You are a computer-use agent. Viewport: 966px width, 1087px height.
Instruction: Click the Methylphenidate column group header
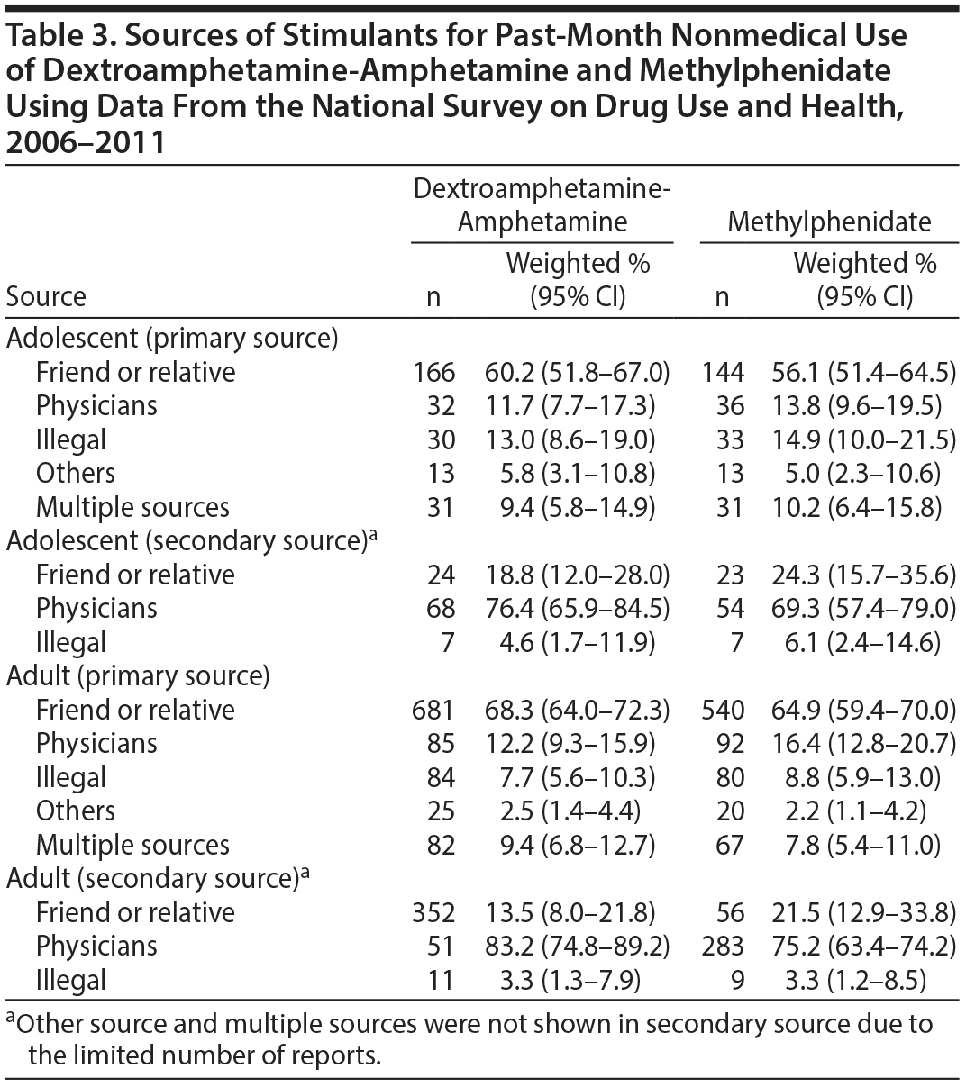click(829, 222)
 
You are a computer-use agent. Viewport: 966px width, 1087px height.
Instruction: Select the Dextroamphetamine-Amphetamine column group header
click(542, 205)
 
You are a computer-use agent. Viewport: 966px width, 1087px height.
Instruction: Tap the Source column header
click(46, 296)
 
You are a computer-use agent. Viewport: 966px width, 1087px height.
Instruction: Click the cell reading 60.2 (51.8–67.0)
click(577, 372)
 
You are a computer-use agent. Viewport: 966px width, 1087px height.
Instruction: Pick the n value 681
click(433, 710)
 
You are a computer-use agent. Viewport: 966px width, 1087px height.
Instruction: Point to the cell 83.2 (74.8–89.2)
click(577, 946)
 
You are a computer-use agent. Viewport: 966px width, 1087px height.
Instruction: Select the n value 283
click(723, 946)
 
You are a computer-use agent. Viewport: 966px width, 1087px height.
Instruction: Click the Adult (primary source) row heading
click(138, 675)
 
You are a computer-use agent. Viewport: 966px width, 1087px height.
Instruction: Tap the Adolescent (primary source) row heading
click(172, 338)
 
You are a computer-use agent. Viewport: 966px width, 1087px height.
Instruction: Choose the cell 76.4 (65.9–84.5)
click(577, 608)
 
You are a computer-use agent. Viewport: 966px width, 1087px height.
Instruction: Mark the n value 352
click(433, 912)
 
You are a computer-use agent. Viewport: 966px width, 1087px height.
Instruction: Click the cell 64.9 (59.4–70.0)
click(864, 710)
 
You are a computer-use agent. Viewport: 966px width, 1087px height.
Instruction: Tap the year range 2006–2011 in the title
click(86, 141)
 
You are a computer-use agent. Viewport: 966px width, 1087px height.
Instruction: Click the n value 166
click(433, 372)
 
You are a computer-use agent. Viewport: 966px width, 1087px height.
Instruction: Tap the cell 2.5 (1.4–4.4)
click(570, 811)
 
